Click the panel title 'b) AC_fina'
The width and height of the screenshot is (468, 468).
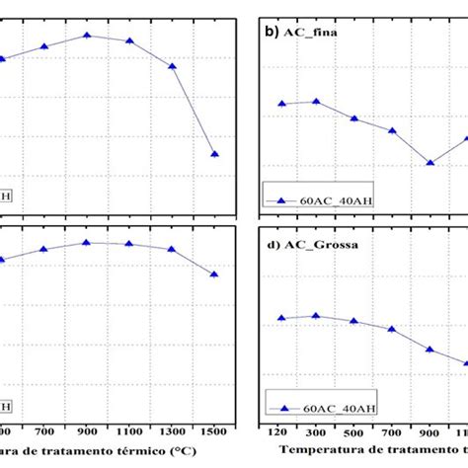click(x=301, y=32)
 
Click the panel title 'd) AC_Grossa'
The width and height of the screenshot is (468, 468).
click(x=309, y=242)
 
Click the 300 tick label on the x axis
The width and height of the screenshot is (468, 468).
click(x=316, y=433)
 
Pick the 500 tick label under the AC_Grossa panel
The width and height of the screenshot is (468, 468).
click(x=353, y=433)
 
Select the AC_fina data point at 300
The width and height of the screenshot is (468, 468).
click(x=316, y=101)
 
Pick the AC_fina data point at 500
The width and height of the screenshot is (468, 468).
click(x=353, y=118)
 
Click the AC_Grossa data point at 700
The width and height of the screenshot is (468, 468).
click(x=392, y=329)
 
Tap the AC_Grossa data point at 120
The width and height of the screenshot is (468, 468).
click(x=281, y=318)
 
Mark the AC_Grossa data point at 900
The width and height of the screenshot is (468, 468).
click(x=429, y=350)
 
